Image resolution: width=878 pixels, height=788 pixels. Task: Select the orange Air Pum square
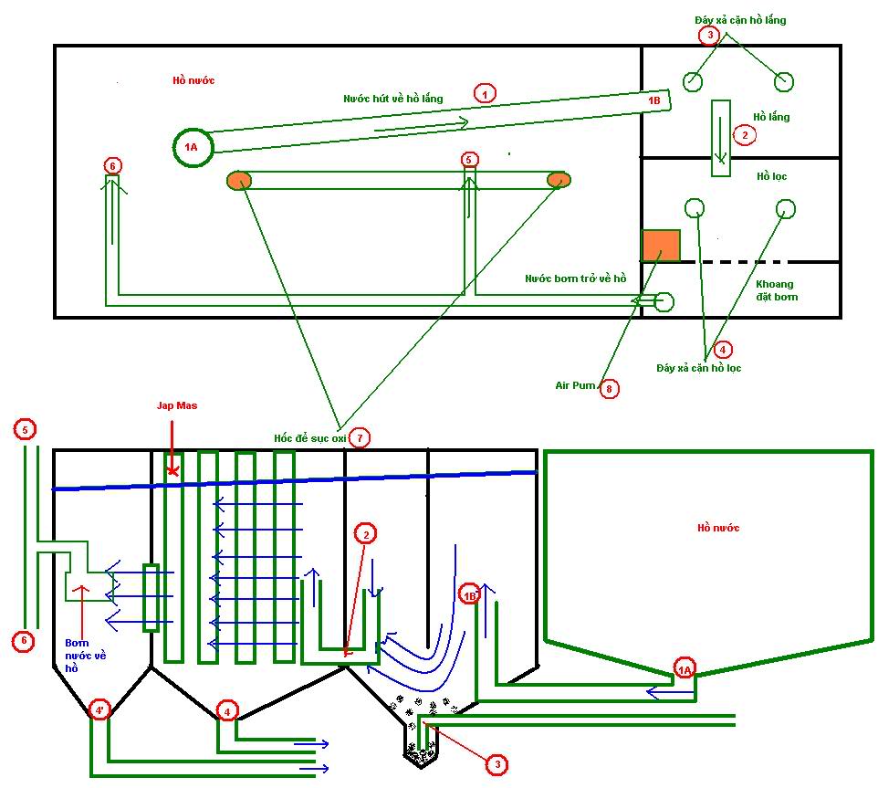[x=661, y=247]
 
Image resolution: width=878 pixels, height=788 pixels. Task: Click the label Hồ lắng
[x=771, y=117]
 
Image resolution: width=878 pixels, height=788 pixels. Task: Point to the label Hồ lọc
[x=771, y=176]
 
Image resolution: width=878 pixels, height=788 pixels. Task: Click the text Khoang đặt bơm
[x=776, y=290]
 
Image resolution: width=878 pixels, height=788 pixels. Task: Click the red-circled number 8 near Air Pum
[x=610, y=389]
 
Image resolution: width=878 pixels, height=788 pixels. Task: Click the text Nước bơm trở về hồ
[x=575, y=278]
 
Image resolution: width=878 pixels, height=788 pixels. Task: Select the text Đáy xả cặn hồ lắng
[x=740, y=20]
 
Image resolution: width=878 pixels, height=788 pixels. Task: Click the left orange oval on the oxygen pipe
[x=238, y=180]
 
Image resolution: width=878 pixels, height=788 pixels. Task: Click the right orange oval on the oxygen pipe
[x=559, y=180]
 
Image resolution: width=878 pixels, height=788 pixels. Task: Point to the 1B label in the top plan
[x=653, y=100]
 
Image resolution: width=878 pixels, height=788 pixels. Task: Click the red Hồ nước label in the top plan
[x=193, y=80]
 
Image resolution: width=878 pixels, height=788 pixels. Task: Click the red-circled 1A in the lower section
[x=685, y=670]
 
